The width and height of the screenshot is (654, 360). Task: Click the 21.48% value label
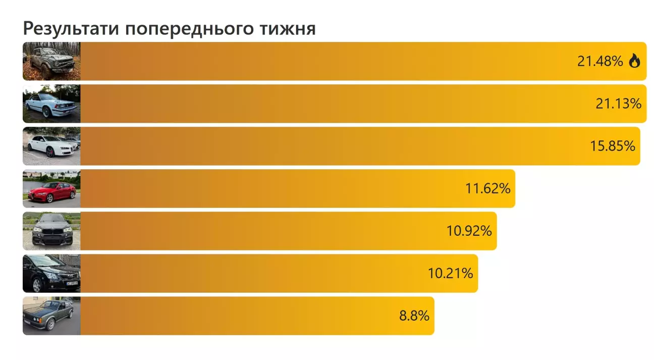pyautogui.click(x=600, y=62)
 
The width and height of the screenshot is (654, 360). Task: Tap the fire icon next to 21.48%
pyautogui.click(x=634, y=62)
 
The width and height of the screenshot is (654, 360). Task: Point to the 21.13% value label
pyautogui.click(x=618, y=104)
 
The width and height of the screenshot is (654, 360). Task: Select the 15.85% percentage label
pyautogui.click(x=612, y=146)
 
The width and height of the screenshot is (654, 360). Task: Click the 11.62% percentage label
pyautogui.click(x=487, y=189)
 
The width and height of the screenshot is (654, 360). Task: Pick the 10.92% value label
pyautogui.click(x=469, y=231)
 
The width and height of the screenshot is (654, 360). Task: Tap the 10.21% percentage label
pyautogui.click(x=450, y=274)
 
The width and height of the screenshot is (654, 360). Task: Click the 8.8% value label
pyautogui.click(x=414, y=316)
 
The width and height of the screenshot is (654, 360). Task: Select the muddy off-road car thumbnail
pyautogui.click(x=51, y=61)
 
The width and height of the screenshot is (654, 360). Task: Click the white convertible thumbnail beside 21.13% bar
pyautogui.click(x=51, y=104)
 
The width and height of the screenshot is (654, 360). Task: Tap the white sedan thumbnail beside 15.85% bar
pyautogui.click(x=51, y=146)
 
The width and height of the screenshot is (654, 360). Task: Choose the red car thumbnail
pyautogui.click(x=51, y=188)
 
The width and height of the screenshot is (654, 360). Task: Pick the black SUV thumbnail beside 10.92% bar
pyautogui.click(x=51, y=231)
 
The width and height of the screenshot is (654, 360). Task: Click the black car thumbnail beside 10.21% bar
pyautogui.click(x=51, y=273)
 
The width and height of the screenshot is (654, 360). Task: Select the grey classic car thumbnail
pyautogui.click(x=51, y=316)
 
